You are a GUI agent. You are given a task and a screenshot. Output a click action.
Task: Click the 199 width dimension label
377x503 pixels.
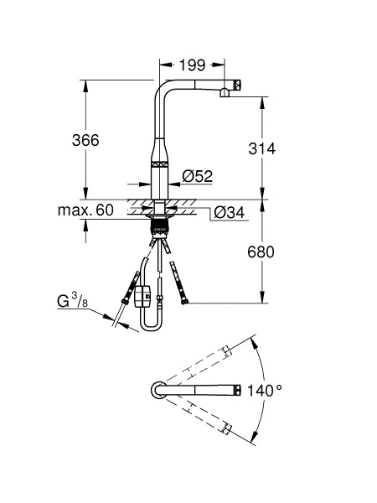click(x=192, y=65)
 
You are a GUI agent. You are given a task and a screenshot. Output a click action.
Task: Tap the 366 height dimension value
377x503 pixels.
click(x=85, y=140)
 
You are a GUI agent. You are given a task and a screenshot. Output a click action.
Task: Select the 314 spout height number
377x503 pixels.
click(x=262, y=148)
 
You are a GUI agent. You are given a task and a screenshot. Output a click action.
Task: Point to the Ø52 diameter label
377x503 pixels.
click(x=198, y=176)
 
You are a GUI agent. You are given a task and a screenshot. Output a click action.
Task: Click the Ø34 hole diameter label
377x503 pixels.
click(x=230, y=212)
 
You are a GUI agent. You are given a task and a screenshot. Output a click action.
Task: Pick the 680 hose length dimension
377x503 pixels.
click(x=261, y=251)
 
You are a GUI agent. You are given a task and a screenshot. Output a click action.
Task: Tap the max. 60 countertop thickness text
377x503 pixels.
click(x=85, y=210)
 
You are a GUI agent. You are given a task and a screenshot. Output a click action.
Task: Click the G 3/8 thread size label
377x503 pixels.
click(x=72, y=301)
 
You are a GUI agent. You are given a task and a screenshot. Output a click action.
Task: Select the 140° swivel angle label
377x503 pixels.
click(x=265, y=391)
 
